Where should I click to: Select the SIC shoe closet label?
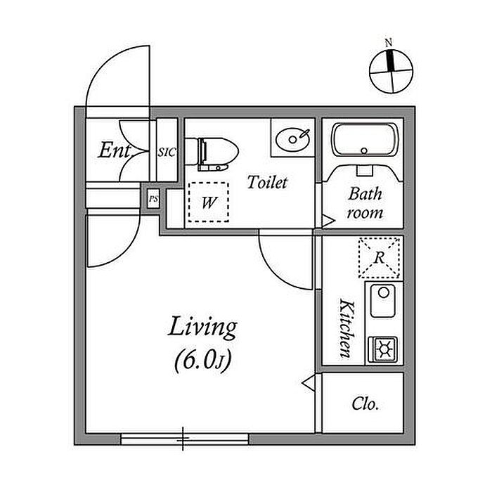click(x=166, y=151)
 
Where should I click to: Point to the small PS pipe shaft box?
click(x=153, y=200)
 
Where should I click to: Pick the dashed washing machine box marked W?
click(x=209, y=203)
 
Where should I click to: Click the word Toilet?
click(x=267, y=183)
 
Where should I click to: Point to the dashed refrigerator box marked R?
click(x=379, y=257)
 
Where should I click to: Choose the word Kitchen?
click(x=346, y=327)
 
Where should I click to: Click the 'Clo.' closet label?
click(x=365, y=405)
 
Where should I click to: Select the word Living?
click(x=202, y=328)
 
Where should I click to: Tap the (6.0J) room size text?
click(x=202, y=361)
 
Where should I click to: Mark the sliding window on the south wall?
click(x=184, y=439)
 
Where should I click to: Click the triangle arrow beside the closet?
click(x=308, y=382)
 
